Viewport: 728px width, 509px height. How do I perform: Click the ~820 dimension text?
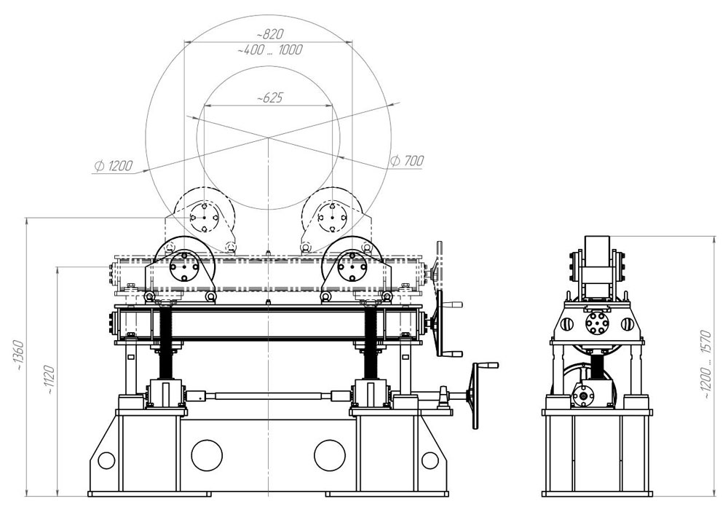(x=270, y=34)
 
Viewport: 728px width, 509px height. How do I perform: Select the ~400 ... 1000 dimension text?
(x=270, y=50)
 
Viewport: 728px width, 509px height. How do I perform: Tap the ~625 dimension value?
(x=270, y=98)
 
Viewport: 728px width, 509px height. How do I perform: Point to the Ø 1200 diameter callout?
(x=114, y=165)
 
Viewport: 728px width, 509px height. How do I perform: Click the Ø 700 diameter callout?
(x=407, y=161)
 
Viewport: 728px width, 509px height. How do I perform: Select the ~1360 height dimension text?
(x=19, y=355)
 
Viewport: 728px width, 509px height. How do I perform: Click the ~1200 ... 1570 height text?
(x=705, y=365)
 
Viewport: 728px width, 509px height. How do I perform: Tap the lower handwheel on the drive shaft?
(x=476, y=395)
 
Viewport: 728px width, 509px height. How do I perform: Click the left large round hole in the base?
(x=207, y=456)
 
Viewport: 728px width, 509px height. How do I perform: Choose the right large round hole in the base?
(x=330, y=456)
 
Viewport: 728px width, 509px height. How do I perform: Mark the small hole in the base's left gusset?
(x=106, y=461)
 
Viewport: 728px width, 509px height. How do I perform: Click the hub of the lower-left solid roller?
(x=184, y=267)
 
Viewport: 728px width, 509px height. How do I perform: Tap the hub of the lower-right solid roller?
(x=353, y=267)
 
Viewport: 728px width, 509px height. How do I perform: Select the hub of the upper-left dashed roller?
(x=204, y=217)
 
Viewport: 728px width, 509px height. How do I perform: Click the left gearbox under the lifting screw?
(x=165, y=394)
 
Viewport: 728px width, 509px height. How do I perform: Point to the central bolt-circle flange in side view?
(x=597, y=323)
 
